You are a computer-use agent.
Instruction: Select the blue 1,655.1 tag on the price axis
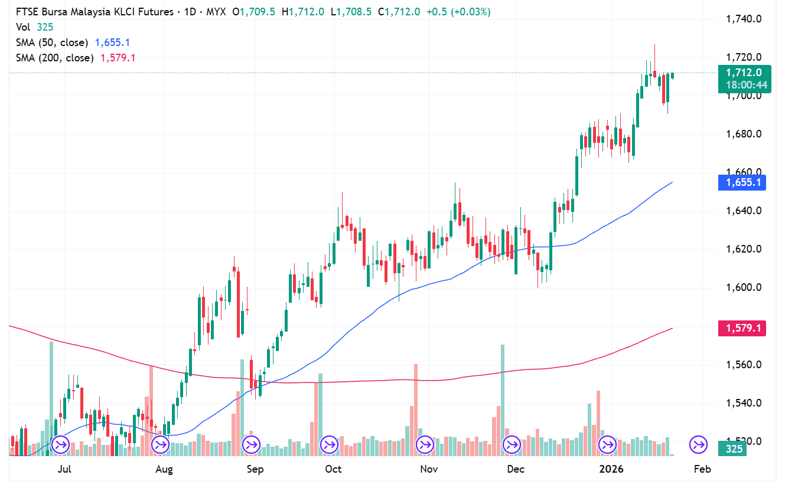click(742, 182)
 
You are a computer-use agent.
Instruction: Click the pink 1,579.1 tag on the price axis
click(742, 328)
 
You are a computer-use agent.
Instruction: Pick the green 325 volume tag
click(735, 449)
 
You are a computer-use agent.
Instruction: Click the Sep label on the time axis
click(255, 470)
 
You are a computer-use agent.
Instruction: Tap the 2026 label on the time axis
click(611, 470)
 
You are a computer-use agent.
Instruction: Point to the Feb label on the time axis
click(702, 470)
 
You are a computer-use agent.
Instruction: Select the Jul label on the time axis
click(65, 470)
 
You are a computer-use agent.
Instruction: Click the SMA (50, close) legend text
click(52, 42)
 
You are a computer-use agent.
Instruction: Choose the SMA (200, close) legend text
click(54, 58)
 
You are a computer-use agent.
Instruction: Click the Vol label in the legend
click(23, 27)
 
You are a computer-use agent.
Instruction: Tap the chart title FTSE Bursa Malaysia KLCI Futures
click(95, 12)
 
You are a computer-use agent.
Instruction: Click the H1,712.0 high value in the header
click(303, 12)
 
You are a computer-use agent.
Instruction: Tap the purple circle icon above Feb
click(699, 444)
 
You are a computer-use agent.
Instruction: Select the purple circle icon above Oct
click(329, 444)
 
